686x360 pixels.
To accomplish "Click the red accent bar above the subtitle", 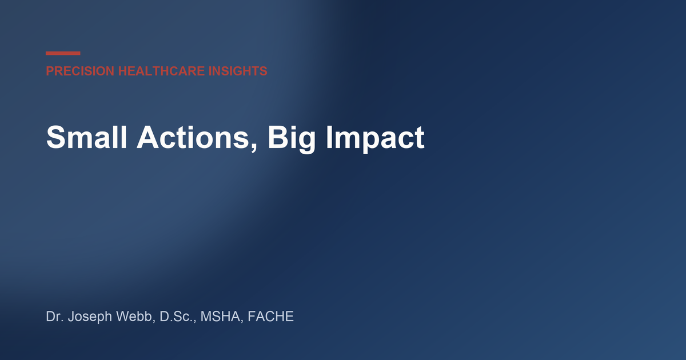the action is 63,53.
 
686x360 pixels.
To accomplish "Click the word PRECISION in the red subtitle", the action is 80,71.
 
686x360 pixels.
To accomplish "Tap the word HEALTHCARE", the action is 161,71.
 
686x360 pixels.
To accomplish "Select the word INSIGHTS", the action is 238,71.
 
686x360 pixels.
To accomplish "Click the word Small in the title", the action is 86,137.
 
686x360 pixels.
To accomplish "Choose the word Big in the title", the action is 292,139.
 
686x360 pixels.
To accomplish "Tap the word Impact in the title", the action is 376,139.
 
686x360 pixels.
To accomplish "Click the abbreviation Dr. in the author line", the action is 55,316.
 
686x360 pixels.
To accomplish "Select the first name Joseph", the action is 90,317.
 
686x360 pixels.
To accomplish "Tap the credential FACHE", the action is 271,316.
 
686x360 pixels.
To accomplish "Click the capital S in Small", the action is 57,137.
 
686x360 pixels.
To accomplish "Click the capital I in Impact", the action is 329,137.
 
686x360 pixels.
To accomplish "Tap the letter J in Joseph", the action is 71,316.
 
